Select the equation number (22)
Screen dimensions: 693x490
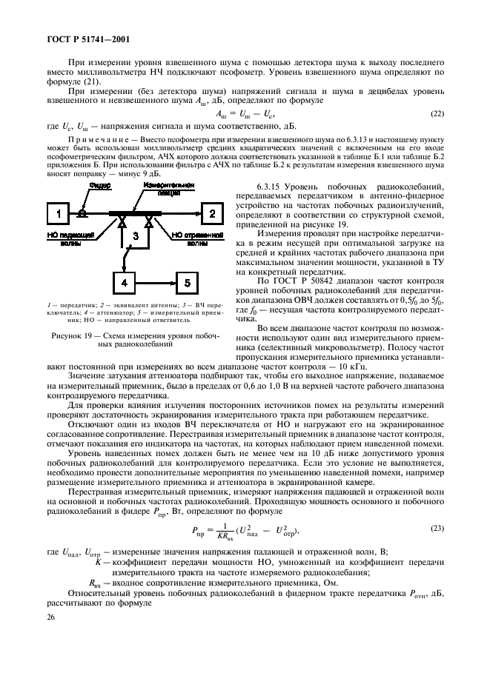pyautogui.click(x=439, y=113)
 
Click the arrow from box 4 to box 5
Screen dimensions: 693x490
pyautogui.click(x=159, y=283)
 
